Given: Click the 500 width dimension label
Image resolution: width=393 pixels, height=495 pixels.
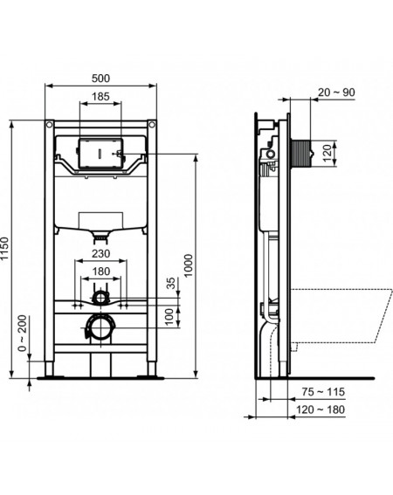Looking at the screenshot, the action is tap(100, 79).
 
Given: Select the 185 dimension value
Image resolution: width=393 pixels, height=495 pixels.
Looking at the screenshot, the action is tap(100, 97).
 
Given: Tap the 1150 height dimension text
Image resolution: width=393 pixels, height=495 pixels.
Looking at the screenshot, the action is tap(5, 249).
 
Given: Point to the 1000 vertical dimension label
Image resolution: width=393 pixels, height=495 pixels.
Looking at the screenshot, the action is tap(189, 265).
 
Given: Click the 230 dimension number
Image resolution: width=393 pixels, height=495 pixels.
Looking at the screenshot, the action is tap(100, 253).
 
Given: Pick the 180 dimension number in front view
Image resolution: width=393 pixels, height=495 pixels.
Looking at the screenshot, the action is tap(100, 272).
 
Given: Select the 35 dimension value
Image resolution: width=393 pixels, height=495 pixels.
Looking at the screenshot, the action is tap(170, 283).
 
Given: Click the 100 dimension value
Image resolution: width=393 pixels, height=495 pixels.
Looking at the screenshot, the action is tap(169, 316).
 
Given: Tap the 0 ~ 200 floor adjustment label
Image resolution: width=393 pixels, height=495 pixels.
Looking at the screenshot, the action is tap(22, 333).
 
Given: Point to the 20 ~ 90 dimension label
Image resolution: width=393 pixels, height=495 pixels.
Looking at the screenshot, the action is tap(336, 93).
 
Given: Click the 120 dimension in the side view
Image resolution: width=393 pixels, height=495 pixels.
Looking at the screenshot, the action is tap(327, 153).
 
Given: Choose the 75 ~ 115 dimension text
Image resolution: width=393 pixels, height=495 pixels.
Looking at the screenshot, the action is tap(323, 392).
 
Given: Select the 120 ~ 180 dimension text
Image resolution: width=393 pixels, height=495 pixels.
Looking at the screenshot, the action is tap(321, 409).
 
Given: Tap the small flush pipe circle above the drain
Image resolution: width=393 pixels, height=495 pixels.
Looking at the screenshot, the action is tap(100, 298).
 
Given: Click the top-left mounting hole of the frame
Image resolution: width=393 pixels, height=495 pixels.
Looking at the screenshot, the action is tap(49, 124).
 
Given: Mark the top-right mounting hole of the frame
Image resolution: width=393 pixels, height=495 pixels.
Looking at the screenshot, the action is tap(152, 124).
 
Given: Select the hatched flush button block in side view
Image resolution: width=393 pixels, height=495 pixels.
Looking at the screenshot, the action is tap(300, 154).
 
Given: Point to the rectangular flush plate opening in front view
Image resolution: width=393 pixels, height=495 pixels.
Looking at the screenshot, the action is tap(100, 154).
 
